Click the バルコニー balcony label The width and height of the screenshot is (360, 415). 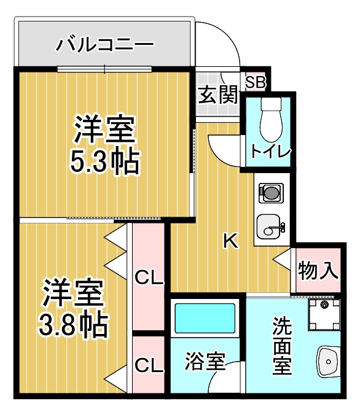pyautogui.click(x=105, y=44)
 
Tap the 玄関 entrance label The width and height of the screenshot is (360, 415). pyautogui.click(x=217, y=95)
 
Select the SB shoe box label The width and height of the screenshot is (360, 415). pyautogui.click(x=255, y=81)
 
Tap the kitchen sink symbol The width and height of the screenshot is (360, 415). pyautogui.click(x=269, y=228)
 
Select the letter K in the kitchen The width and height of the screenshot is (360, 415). pyautogui.click(x=230, y=241)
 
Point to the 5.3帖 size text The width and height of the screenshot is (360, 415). pyautogui.click(x=104, y=161)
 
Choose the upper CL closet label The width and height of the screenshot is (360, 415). pyautogui.click(x=149, y=278)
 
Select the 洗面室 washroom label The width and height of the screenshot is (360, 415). pyautogui.click(x=282, y=347)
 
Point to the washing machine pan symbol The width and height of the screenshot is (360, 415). pyautogui.click(x=323, y=314)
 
